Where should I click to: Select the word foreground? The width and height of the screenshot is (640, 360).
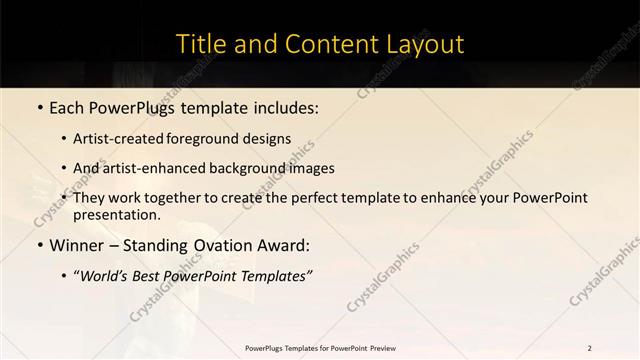pos(219,139)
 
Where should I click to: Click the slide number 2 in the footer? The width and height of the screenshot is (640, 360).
pos(589,348)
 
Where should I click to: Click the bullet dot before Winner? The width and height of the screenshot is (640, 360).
pos(39,245)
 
